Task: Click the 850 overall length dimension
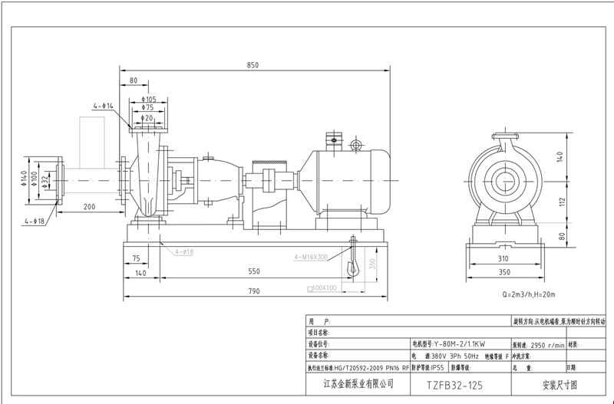click(253, 66)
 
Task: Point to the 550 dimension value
click(253, 272)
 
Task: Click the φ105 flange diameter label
click(149, 99)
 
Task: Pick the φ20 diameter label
click(147, 118)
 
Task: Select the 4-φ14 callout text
click(104, 104)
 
